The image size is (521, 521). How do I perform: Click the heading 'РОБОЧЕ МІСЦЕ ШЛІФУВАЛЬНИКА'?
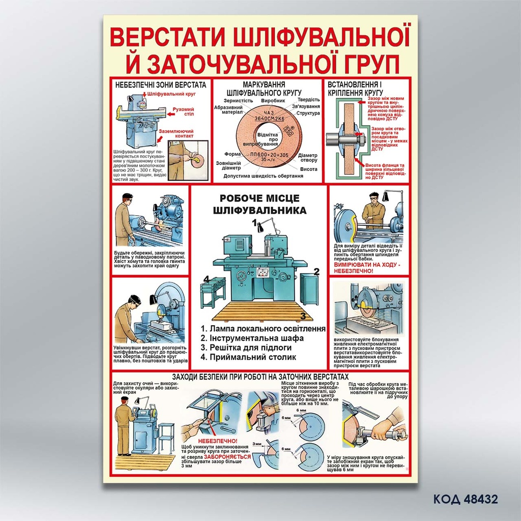click(259, 204)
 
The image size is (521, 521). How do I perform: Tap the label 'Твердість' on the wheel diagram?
click(308, 100)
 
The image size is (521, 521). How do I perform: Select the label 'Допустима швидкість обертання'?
click(263, 176)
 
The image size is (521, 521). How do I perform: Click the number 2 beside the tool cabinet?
click(316, 271)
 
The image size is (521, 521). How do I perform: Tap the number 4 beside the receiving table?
click(207, 278)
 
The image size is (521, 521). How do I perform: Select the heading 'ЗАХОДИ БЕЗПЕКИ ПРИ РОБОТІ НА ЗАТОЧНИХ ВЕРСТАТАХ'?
click(260, 376)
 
